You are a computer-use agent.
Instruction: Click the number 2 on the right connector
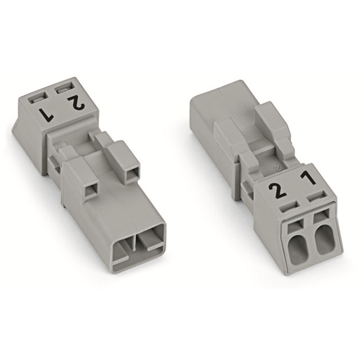click(x=276, y=191)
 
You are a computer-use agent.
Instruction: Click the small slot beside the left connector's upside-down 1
click(x=39, y=97)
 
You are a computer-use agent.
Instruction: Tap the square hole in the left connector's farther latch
click(x=133, y=172)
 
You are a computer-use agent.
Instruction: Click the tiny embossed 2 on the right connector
click(x=275, y=167)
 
